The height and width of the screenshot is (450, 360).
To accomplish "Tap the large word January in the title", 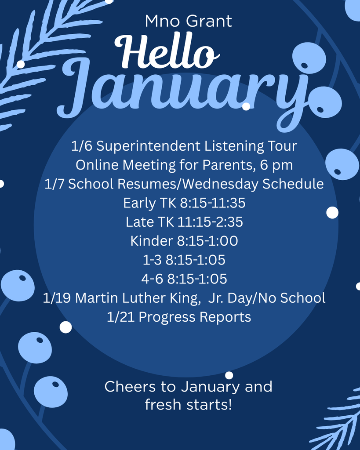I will click(185, 90).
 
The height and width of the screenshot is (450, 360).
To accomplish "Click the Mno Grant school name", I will click(188, 21).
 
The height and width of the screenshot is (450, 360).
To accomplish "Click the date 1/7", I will click(55, 184).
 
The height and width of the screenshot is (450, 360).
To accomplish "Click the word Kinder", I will click(151, 241).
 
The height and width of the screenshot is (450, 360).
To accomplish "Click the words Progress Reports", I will click(195, 317).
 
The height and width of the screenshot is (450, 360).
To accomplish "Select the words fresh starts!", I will click(188, 404).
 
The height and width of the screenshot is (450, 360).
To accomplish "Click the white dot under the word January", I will click(246, 106).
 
